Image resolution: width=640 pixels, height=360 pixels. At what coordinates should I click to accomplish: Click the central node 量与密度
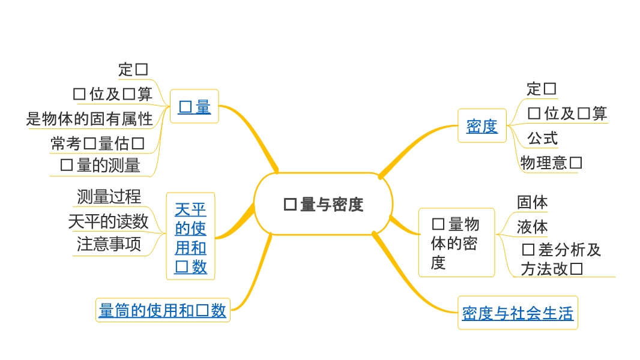pos(324,205)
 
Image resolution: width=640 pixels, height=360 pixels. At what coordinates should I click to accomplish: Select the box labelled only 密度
pos(482,126)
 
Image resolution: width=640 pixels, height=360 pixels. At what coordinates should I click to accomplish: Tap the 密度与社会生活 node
pos(518,313)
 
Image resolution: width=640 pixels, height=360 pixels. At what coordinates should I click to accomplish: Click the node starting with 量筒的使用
pos(163,310)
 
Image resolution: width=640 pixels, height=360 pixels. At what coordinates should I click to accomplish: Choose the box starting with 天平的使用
pos(190,238)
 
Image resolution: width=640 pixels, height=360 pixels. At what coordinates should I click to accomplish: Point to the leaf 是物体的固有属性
pos(89,119)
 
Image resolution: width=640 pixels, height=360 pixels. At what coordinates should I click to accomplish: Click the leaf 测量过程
pos(109,196)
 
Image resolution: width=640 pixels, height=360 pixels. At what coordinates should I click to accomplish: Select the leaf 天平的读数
pos(108,221)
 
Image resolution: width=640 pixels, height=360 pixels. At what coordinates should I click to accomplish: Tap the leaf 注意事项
pos(109,244)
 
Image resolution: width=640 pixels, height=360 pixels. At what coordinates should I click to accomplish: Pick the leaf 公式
pos(542,138)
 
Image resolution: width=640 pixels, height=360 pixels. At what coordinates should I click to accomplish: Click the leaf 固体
pos(532,202)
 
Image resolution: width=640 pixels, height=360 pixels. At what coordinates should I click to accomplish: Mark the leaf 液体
pos(532,227)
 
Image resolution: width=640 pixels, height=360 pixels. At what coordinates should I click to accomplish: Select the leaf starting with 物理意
pos(551,163)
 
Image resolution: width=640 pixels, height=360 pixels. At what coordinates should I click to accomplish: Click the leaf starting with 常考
pos(97,143)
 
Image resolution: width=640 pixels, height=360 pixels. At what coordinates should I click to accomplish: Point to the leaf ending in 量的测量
pos(100,166)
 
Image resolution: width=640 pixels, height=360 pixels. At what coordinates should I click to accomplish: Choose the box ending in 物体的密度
pos(456,243)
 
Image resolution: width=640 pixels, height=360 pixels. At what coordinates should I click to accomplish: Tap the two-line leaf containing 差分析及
pos(561,259)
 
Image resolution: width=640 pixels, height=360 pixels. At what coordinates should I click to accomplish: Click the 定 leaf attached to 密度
pos(541,89)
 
